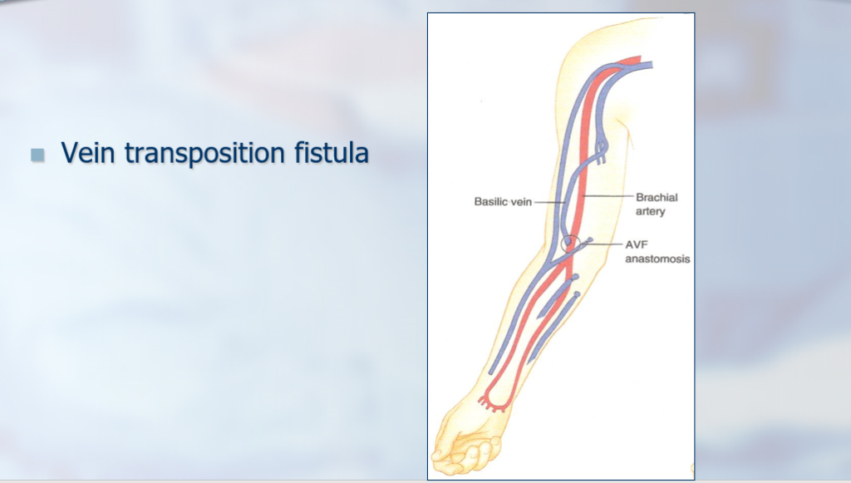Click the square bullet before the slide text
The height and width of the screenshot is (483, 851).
pyautogui.click(x=37, y=155)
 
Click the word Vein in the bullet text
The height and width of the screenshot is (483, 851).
pyautogui.click(x=87, y=152)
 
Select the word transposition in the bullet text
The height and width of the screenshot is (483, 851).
pyautogui.click(x=204, y=154)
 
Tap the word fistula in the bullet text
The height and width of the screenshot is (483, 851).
pyautogui.click(x=332, y=152)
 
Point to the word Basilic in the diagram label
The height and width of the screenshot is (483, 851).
pyautogui.click(x=491, y=201)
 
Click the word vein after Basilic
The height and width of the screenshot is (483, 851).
pyautogui.click(x=522, y=202)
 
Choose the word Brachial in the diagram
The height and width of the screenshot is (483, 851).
pyautogui.click(x=657, y=197)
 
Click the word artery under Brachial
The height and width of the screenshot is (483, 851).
pyautogui.click(x=650, y=211)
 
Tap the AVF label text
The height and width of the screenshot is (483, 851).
pyautogui.click(x=637, y=244)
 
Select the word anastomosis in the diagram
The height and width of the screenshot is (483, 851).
pyautogui.click(x=657, y=259)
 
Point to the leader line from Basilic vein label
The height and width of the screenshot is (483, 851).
pyautogui.click(x=550, y=202)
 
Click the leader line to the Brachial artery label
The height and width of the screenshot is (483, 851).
pyautogui.click(x=608, y=195)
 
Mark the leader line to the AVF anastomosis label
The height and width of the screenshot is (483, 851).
pyautogui.click(x=602, y=244)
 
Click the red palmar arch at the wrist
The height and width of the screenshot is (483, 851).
pyautogui.click(x=493, y=403)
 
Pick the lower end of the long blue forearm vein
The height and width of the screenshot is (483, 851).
pyautogui.click(x=491, y=372)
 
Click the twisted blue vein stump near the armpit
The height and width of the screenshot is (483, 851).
pyautogui.click(x=601, y=150)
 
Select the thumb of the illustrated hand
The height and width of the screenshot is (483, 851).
pyautogui.click(x=446, y=434)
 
